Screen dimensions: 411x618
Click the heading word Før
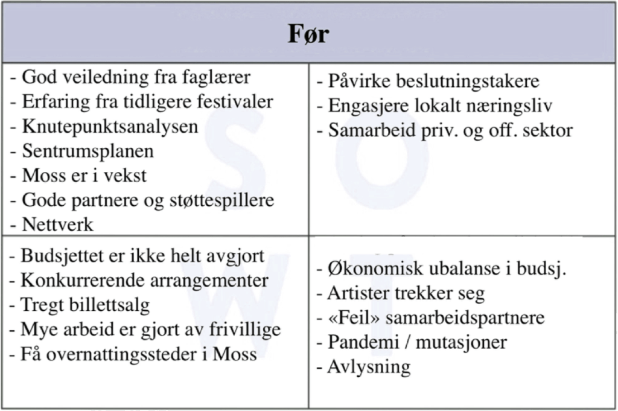tap(308, 34)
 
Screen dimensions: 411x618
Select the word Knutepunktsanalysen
tap(110, 127)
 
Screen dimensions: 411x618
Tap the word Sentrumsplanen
tap(88, 151)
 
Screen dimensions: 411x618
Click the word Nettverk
tap(58, 225)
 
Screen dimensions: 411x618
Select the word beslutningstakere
tap(470, 81)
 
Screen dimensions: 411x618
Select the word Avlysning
tap(369, 366)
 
